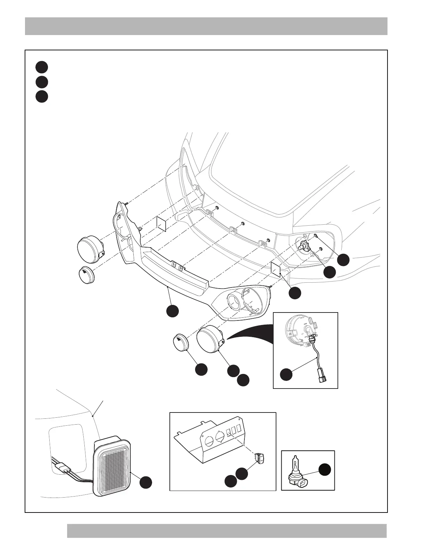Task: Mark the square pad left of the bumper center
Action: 162,224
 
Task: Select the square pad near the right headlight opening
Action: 275,268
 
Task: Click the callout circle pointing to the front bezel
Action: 173,311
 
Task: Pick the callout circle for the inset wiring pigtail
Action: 286,375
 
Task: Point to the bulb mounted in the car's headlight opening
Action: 303,247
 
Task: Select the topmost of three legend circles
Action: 42,67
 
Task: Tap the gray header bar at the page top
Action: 206,26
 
